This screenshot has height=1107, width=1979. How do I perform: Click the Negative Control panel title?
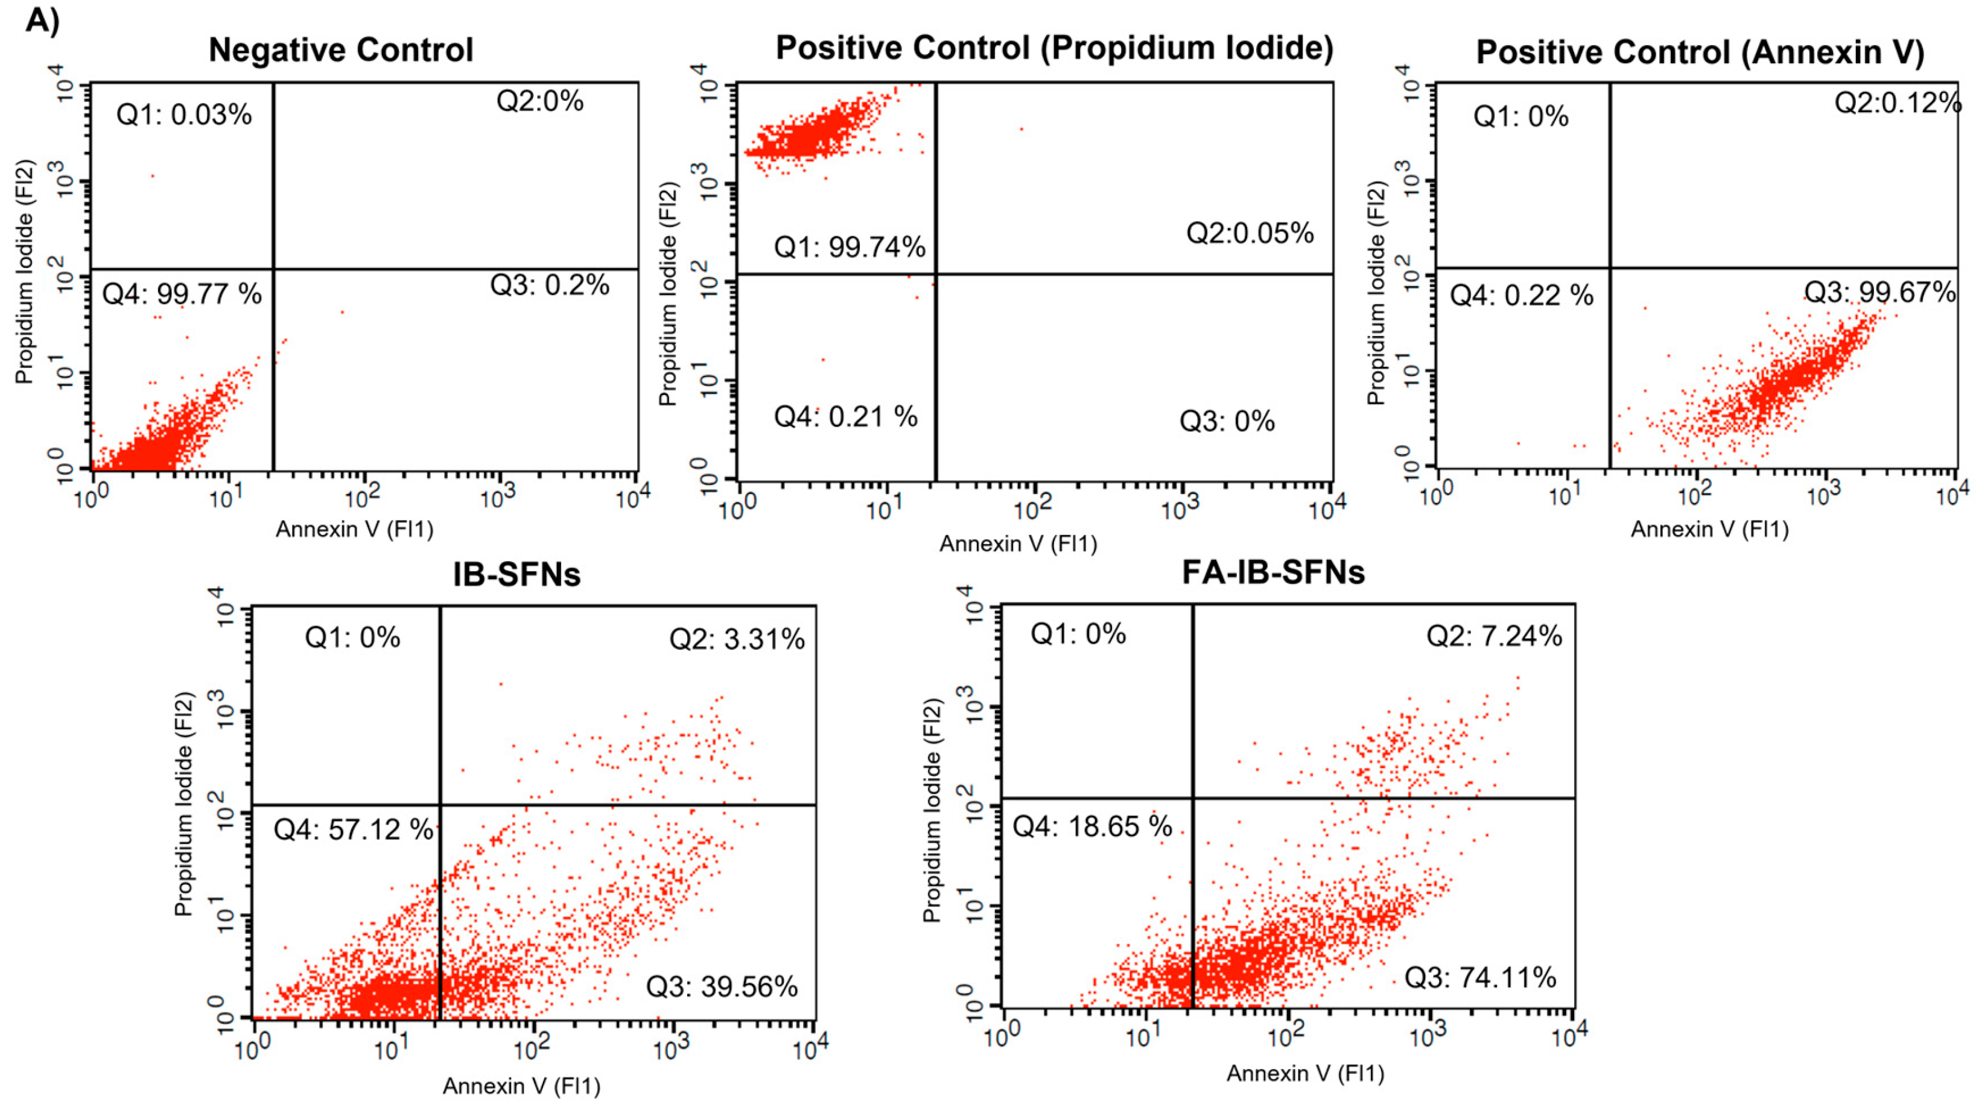pos(340,51)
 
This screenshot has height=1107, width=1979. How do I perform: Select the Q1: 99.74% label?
pos(849,247)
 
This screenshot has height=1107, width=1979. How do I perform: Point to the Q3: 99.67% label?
pos(1879,293)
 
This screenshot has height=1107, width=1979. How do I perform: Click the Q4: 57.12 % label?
pos(354,829)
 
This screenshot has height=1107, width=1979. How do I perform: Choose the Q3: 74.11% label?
pos(1481,977)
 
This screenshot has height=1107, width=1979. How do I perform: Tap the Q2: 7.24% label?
pos(1495,636)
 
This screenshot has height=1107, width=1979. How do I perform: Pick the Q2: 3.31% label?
pos(737,639)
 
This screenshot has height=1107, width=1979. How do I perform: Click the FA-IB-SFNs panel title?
pos(1273,573)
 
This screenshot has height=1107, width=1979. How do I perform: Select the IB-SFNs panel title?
pos(516,575)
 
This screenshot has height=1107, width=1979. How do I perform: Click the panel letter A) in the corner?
pos(42,20)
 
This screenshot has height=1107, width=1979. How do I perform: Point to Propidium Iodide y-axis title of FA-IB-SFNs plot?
pos(932,810)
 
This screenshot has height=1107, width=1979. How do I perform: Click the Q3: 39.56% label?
pos(722,987)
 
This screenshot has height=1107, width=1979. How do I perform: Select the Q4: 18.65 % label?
pos(1091,827)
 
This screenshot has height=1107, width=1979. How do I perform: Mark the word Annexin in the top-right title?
pos(1788,53)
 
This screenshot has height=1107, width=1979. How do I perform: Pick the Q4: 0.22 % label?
pos(1521,296)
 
